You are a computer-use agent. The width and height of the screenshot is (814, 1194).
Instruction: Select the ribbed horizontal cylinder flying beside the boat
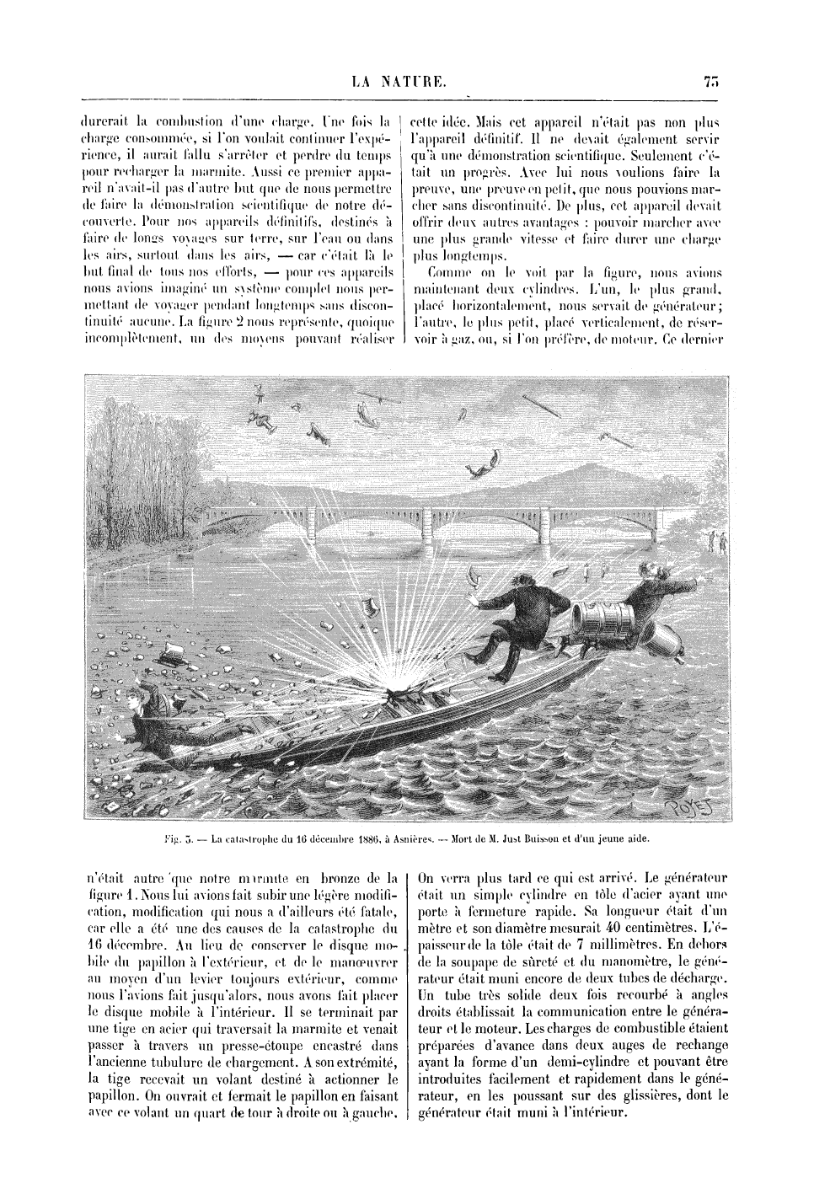[602, 623]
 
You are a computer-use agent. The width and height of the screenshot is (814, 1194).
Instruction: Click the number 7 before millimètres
[581, 944]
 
